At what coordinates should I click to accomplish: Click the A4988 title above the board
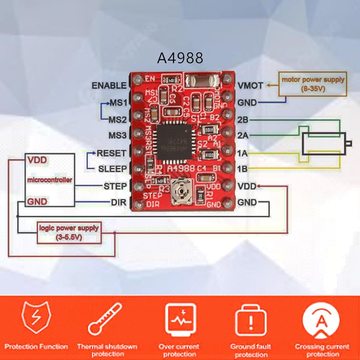180,58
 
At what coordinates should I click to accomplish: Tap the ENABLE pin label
109,86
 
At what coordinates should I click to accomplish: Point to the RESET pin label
112,153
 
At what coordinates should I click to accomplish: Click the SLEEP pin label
112,168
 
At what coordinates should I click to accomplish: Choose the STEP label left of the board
115,186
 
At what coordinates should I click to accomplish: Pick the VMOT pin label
250,86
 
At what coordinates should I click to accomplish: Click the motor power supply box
313,84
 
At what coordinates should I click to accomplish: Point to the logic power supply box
69,233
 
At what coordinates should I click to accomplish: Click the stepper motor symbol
324,144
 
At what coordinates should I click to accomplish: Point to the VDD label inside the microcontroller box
37,160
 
